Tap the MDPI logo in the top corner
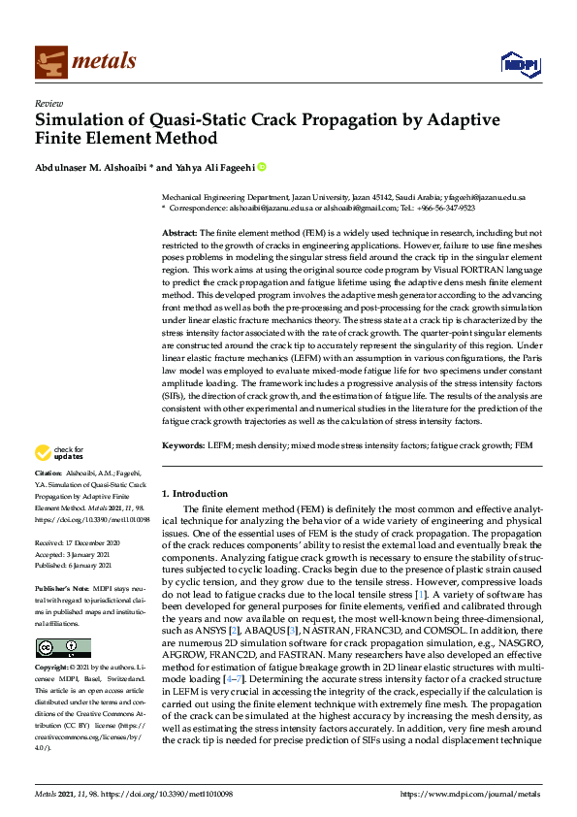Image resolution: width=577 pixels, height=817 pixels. click(518, 64)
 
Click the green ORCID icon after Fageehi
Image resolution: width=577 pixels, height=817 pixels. click(261, 167)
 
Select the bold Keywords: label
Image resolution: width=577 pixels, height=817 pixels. click(183, 444)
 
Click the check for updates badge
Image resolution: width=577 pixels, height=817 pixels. click(59, 452)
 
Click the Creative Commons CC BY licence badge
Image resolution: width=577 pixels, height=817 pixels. click(63, 648)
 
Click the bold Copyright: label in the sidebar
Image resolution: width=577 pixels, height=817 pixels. click(54, 670)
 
